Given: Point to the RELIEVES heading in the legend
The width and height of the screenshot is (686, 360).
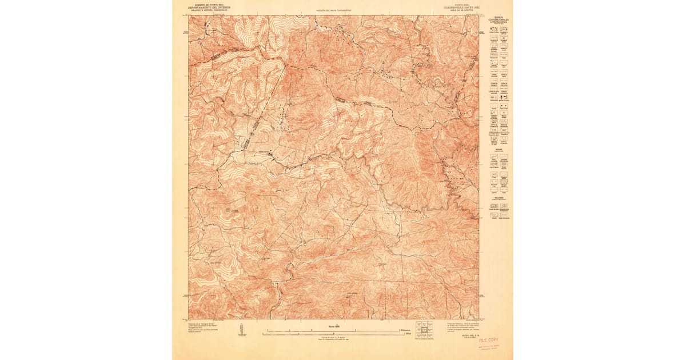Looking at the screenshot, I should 498,197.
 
